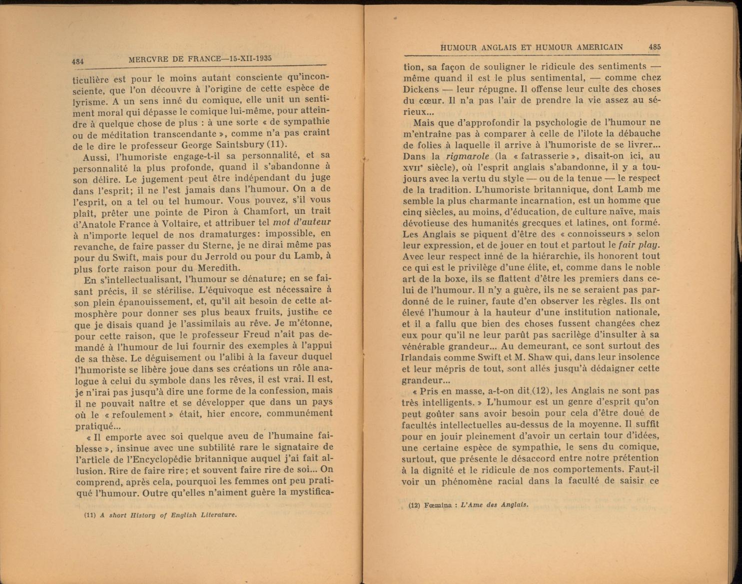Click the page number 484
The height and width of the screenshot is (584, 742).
pyautogui.click(x=77, y=61)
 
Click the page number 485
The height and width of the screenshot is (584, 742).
pyautogui.click(x=655, y=47)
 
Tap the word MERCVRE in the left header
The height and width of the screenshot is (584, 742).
pyautogui.click(x=148, y=59)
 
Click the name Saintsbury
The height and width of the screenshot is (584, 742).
pyautogui.click(x=239, y=145)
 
